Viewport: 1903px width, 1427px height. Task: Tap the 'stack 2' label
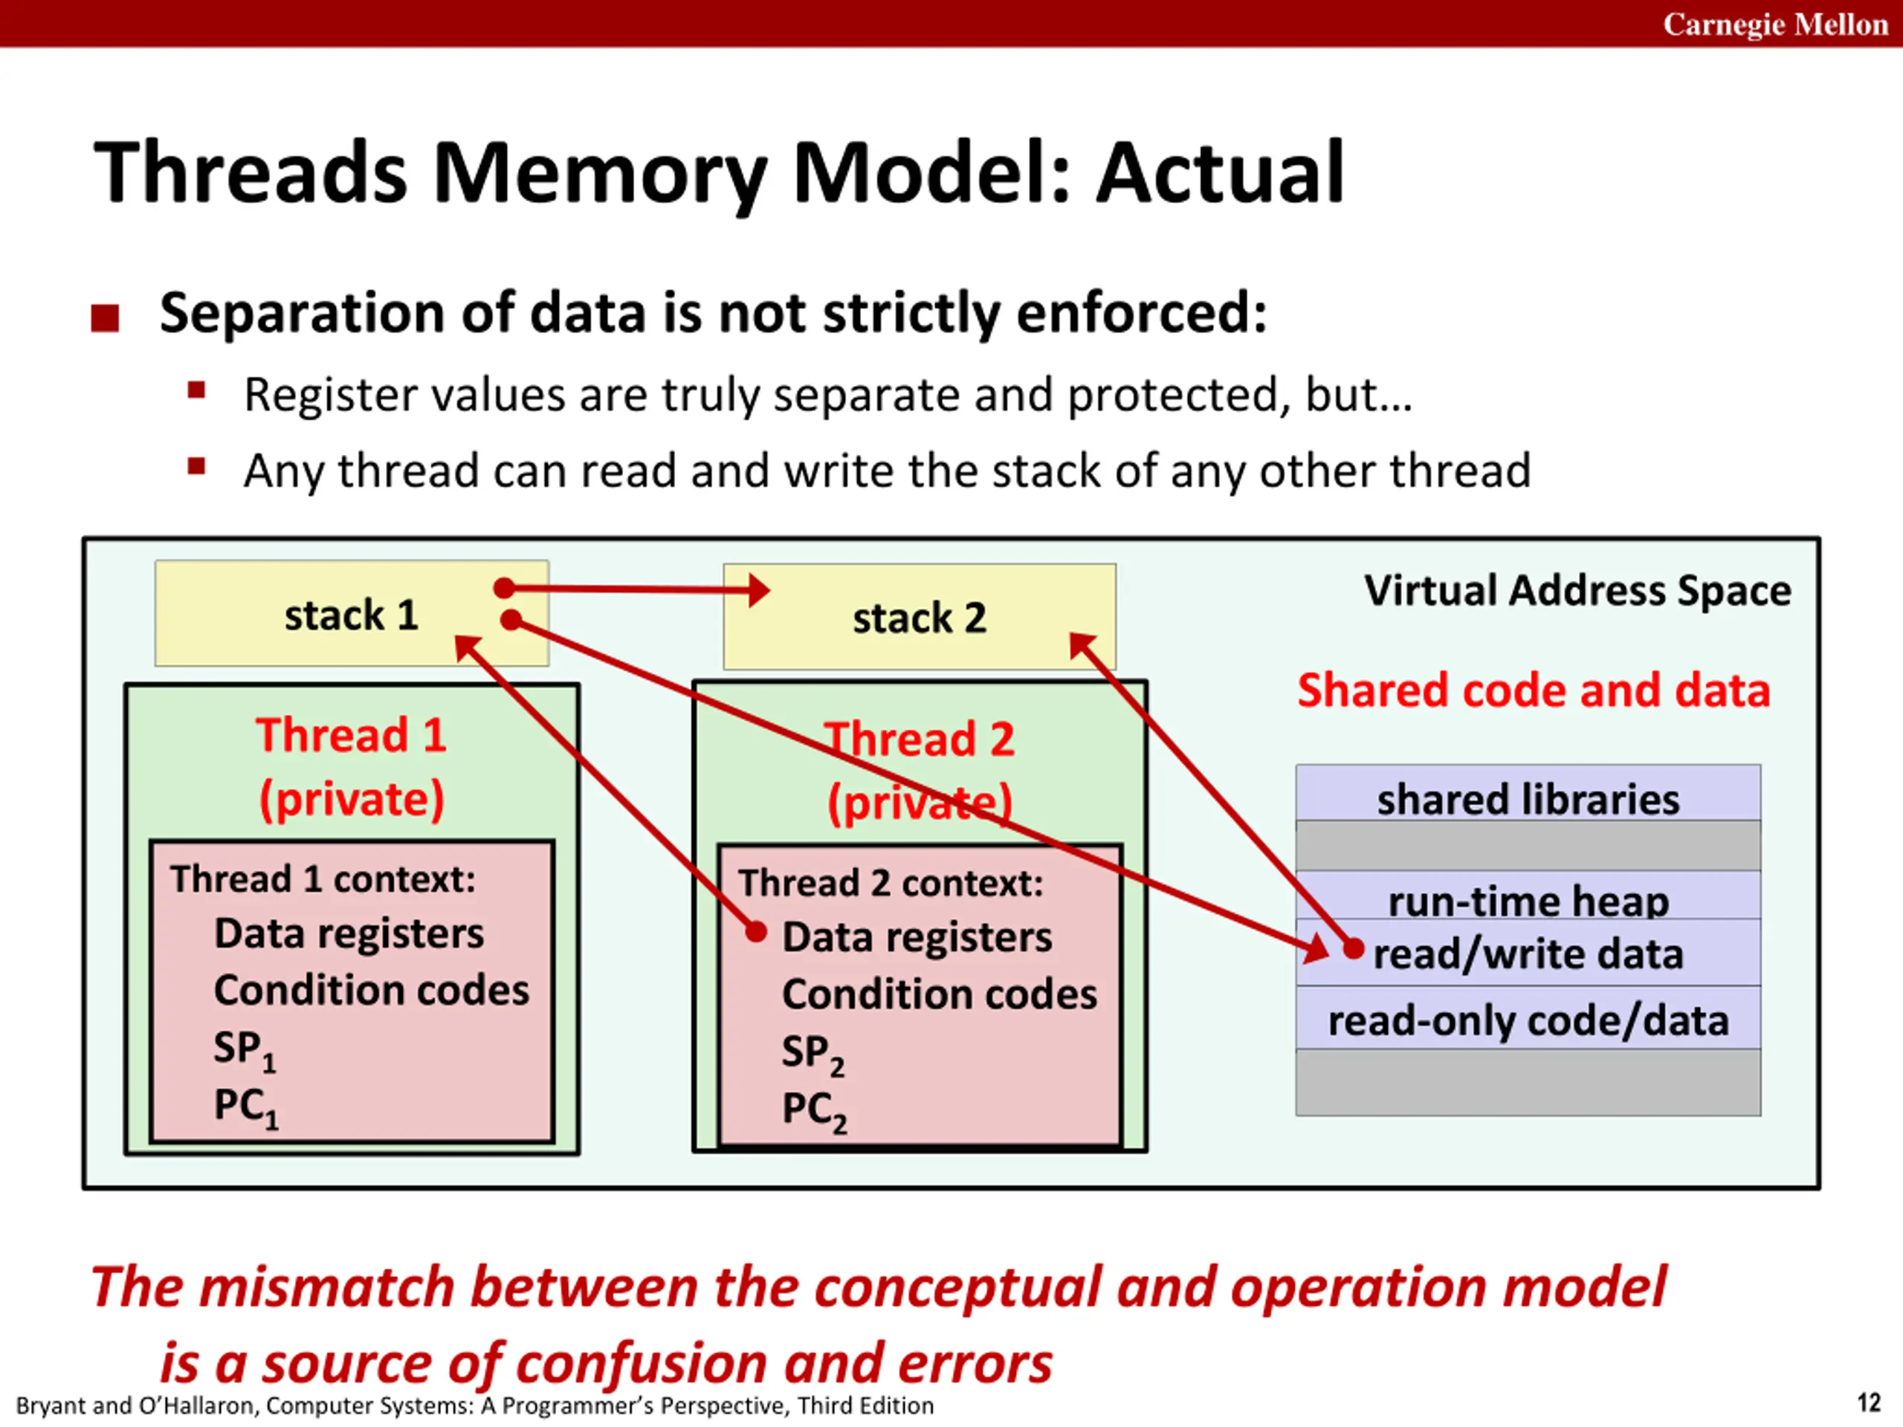[920, 618]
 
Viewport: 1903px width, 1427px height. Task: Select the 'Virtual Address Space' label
[1578, 591]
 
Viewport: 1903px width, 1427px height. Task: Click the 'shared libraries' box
[1528, 792]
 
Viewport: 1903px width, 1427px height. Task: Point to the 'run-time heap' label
[1528, 901]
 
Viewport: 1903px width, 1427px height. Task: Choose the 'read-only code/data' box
[1528, 1018]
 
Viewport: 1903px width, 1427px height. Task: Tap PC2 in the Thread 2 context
[814, 1111]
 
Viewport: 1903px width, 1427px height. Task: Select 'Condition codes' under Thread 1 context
[372, 990]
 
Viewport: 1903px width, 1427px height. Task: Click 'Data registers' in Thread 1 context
[349, 934]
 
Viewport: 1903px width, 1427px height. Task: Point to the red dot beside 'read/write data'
[1353, 949]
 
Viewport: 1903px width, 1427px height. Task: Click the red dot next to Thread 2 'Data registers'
[755, 931]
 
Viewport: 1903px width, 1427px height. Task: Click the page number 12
[1869, 1403]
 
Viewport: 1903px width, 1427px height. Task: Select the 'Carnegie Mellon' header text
[1775, 24]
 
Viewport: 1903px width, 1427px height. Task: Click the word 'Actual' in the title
[1220, 174]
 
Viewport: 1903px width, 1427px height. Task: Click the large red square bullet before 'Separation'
[105, 318]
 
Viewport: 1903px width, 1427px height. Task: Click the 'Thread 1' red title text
[351, 736]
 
